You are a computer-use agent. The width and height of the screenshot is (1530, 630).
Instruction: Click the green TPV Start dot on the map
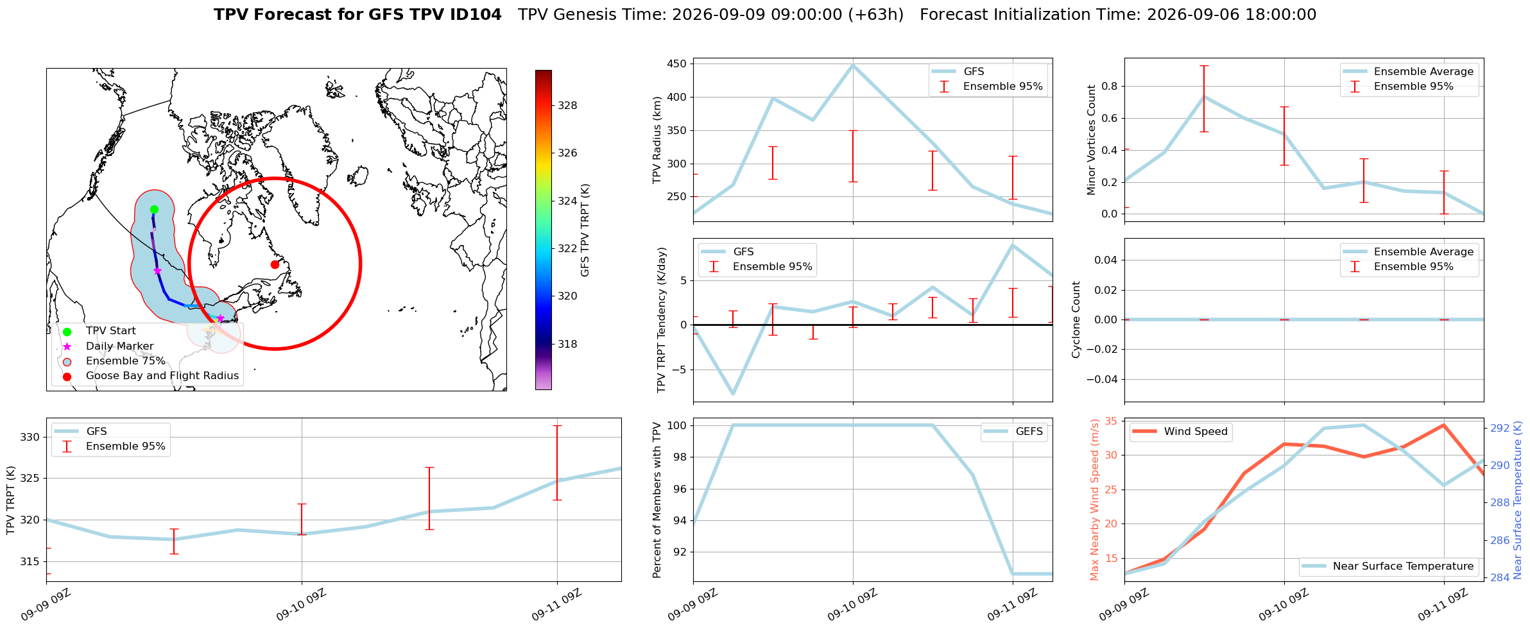(154, 209)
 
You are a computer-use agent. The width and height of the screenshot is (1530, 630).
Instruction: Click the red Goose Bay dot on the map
(275, 264)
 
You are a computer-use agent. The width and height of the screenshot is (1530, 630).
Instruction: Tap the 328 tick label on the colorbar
(567, 105)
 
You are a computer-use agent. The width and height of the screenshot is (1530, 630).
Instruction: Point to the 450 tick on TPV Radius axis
(677, 64)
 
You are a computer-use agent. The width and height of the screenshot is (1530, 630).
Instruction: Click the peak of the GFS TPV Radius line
(853, 65)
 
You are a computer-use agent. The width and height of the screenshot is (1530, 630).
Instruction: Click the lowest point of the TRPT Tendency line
(733, 394)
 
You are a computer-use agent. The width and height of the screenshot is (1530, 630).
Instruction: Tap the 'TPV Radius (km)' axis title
(657, 140)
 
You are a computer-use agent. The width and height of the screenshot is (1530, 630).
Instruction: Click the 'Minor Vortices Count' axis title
(1091, 140)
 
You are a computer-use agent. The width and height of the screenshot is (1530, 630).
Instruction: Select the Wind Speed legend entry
(1180, 432)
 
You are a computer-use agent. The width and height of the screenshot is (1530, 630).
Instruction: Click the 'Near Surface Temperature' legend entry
(1389, 566)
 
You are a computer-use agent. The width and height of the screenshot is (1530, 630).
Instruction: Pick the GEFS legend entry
(1014, 432)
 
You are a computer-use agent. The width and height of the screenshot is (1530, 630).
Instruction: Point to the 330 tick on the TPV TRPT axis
(30, 438)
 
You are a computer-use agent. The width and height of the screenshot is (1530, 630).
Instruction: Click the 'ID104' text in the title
(476, 15)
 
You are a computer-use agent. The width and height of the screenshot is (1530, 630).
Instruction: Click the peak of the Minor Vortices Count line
(1204, 96)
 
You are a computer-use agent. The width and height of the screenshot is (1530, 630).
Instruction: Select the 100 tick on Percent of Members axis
(677, 425)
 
